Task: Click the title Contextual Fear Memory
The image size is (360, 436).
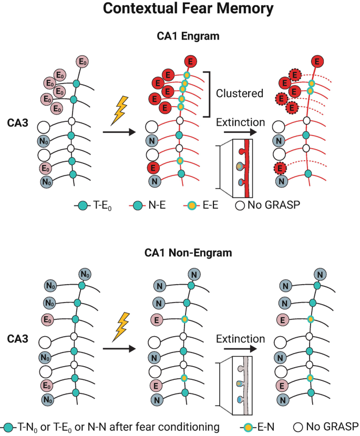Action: tap(180, 9)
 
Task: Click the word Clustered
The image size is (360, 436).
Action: tap(239, 94)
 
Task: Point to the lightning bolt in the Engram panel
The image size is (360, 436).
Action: tap(120, 109)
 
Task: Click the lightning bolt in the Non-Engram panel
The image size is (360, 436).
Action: tap(120, 324)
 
